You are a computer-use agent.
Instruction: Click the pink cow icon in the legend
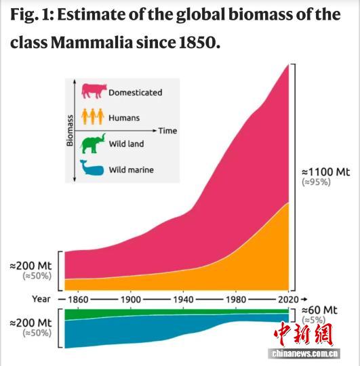point(95,91)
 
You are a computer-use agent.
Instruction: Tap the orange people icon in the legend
point(93,117)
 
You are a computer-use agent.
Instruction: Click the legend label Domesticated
point(136,92)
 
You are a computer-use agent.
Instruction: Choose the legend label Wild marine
point(132,169)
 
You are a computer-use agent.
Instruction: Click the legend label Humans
point(124,118)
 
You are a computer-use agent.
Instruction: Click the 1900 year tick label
point(131,299)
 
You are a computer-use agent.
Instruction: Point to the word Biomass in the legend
point(70,130)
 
